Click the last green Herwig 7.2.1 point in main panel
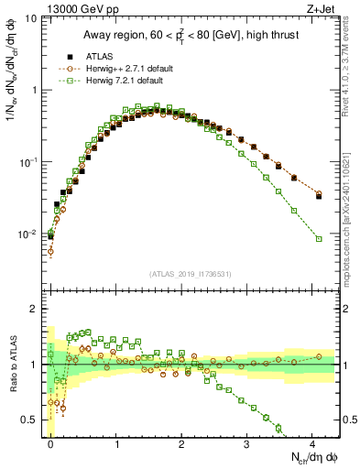[x=319, y=239]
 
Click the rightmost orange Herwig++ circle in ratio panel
[x=319, y=356]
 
